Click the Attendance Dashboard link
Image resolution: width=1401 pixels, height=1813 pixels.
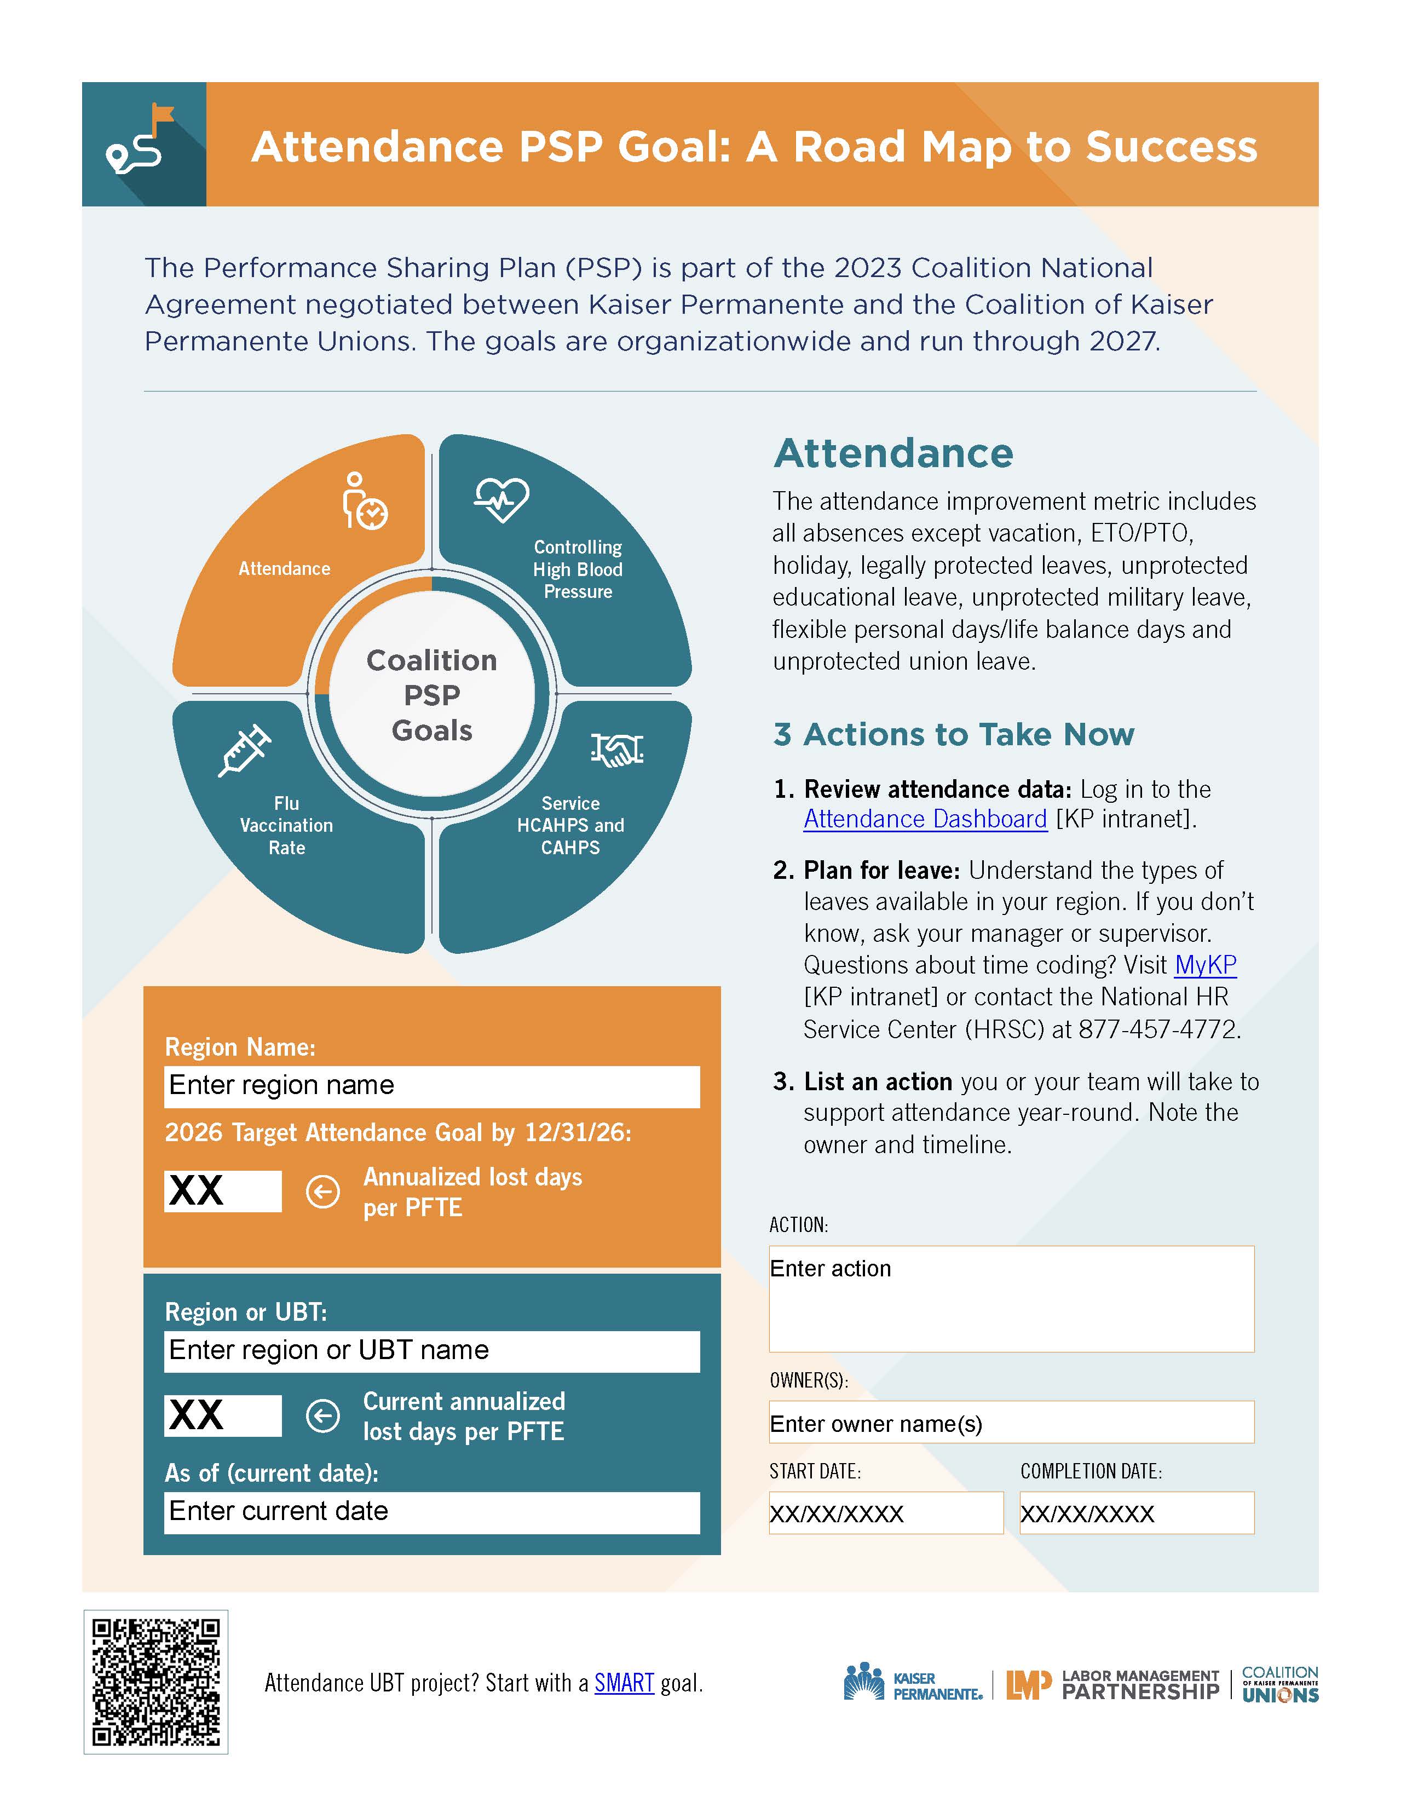click(x=925, y=819)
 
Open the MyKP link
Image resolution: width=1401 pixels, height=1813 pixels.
click(x=1205, y=965)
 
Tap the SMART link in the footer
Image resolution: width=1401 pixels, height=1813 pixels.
click(x=624, y=1683)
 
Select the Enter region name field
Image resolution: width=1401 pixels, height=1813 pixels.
click(x=431, y=1086)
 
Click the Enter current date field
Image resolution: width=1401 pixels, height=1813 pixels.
click(x=431, y=1512)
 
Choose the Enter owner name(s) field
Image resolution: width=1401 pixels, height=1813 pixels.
click(x=1011, y=1424)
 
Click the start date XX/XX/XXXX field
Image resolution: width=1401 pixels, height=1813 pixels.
click(x=886, y=1513)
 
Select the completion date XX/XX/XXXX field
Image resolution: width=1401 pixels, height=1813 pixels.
click(x=1136, y=1513)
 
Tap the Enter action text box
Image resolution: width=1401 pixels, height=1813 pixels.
click(x=1011, y=1298)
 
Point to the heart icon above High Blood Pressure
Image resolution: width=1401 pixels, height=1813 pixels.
click(x=501, y=499)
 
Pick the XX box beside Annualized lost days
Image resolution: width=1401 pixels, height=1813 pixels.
click(x=222, y=1191)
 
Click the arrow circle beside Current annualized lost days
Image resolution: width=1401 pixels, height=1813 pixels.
click(x=323, y=1416)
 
